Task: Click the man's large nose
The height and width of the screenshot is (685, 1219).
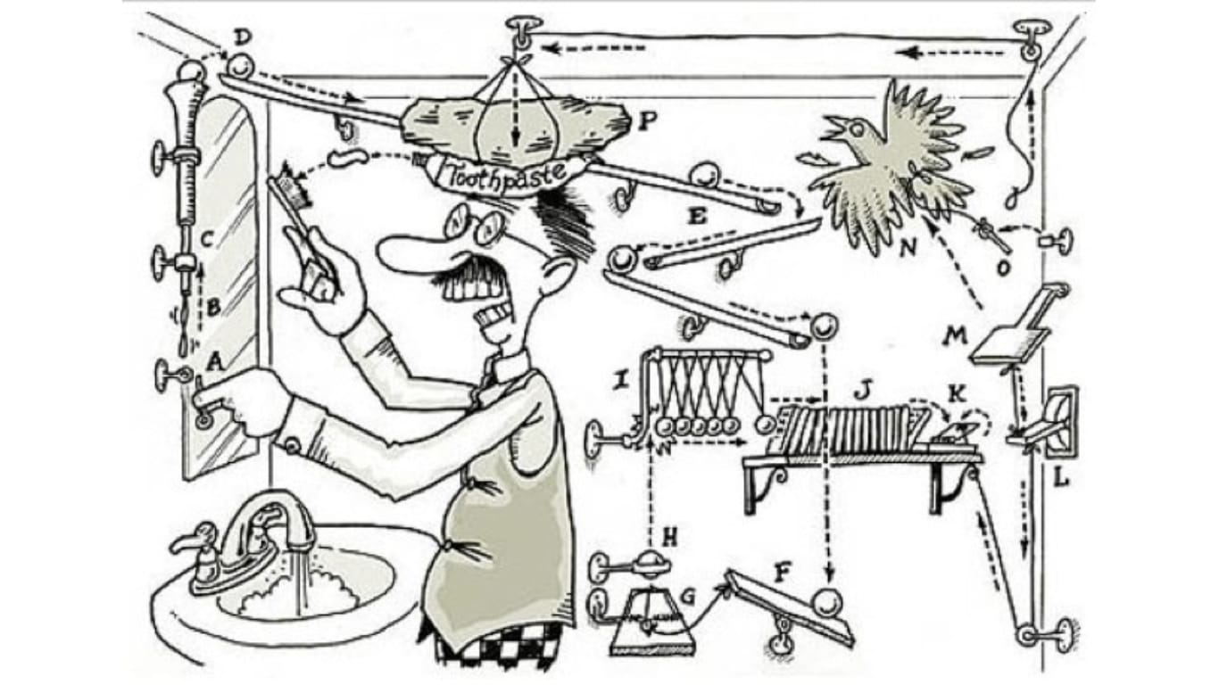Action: point(406,249)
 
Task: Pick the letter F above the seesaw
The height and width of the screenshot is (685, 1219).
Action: point(783,572)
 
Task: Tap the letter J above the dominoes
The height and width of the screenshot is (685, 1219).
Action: point(860,390)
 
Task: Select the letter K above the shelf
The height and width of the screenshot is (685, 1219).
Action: point(955,392)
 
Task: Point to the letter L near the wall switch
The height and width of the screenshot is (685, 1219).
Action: point(1060,478)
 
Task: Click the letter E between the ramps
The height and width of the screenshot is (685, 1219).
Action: point(698,217)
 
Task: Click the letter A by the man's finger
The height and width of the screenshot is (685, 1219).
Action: point(213,361)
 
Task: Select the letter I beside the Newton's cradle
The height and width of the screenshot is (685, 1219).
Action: point(619,382)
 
